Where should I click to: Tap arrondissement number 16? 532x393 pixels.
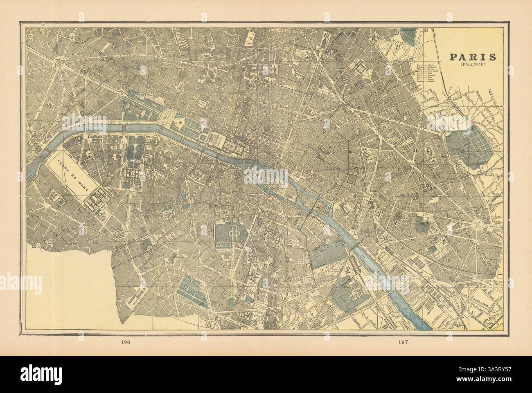(x=50, y=106)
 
